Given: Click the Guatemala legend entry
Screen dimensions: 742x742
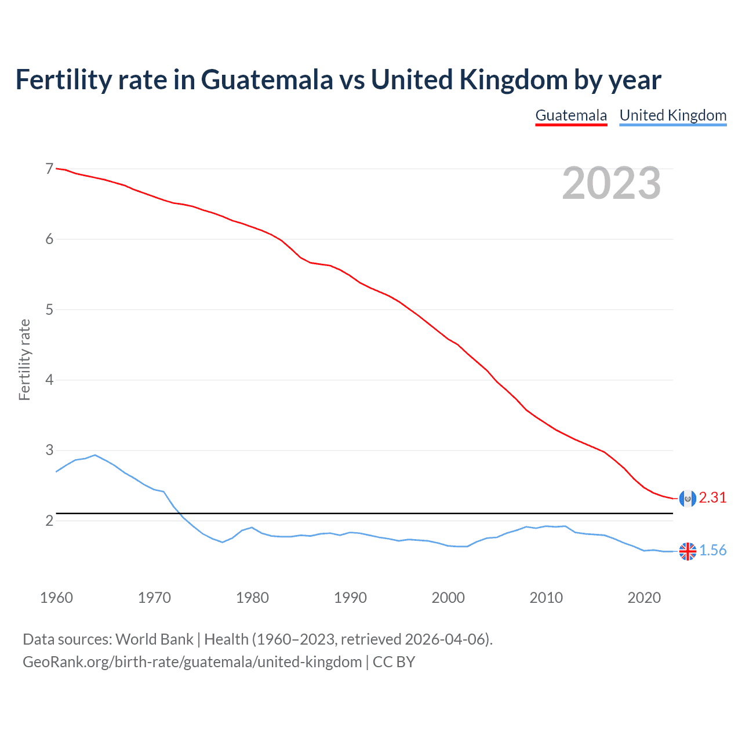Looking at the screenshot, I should point(571,115).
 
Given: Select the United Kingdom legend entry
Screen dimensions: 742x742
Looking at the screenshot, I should point(672,115).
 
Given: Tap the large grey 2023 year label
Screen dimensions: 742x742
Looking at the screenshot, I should point(611,183).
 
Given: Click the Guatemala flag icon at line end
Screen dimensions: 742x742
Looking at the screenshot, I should point(688,498).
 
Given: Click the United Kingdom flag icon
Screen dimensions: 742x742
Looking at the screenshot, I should point(688,551).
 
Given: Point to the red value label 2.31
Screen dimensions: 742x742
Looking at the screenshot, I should point(712,498).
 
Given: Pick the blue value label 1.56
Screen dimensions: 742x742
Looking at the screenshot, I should point(712,551).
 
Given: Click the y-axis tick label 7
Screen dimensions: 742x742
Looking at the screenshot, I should point(49,169).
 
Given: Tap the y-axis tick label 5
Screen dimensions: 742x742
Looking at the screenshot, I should point(49,310).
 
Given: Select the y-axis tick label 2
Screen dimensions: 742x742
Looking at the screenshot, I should point(49,521).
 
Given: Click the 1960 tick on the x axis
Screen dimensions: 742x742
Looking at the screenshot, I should point(56,598).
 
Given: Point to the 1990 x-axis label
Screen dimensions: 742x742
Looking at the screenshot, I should point(350,598).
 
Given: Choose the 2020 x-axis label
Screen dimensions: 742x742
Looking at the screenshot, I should point(644,598).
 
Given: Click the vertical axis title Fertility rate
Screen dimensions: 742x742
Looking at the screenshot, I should point(24,359).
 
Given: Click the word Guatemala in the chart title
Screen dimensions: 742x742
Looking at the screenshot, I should point(267,80).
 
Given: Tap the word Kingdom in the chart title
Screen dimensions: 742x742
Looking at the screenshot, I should point(512,80).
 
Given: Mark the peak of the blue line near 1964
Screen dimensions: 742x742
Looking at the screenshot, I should point(95,455).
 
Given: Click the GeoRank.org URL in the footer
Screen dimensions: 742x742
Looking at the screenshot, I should point(192,662).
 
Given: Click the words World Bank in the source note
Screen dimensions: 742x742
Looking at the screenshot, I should point(154,639).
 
